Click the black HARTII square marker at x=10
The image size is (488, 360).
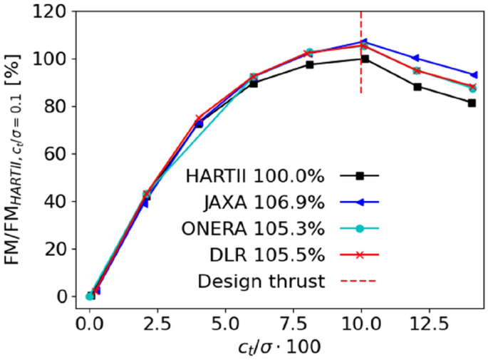(x=365, y=59)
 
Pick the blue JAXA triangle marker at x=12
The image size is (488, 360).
(x=416, y=58)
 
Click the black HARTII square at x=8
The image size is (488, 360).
(x=310, y=64)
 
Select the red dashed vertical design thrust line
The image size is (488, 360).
(x=361, y=29)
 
